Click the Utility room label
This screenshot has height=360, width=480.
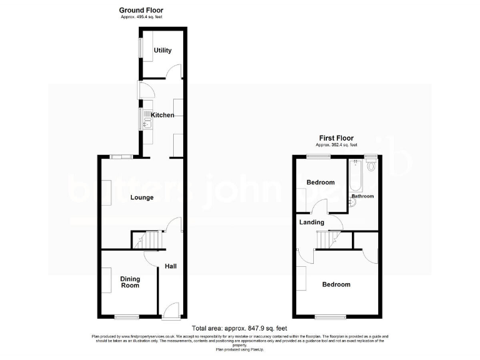point(162,51)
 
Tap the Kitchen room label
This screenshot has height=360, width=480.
point(162,115)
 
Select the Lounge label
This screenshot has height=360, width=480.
point(142,197)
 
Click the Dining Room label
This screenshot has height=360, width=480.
point(130,282)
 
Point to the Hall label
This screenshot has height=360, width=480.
point(171,266)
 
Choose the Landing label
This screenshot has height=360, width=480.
point(311,222)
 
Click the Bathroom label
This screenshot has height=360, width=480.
point(362,196)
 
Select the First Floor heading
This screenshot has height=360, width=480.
point(336,138)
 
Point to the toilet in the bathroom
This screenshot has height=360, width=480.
point(372,164)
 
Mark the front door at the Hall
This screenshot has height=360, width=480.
point(171,310)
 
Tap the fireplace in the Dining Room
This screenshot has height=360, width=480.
point(106,279)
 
